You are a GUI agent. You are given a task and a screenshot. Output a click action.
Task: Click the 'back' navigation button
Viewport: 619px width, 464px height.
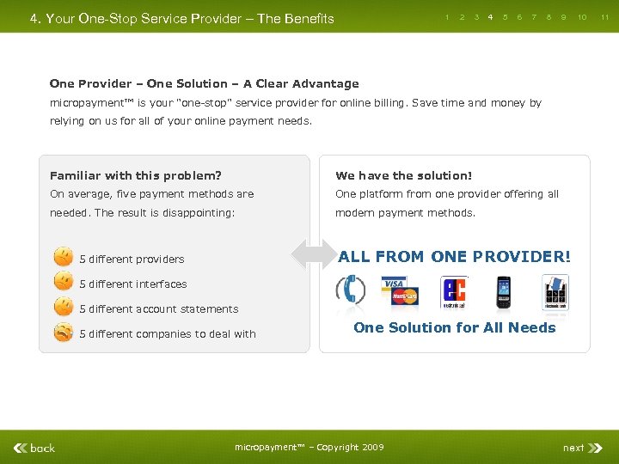(35, 448)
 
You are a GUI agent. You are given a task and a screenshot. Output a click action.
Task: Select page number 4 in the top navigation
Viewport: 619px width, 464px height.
(490, 16)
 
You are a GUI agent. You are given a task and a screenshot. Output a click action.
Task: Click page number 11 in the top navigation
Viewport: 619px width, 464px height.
(604, 16)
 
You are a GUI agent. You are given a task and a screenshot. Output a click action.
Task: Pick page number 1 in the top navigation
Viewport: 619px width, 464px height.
(447, 16)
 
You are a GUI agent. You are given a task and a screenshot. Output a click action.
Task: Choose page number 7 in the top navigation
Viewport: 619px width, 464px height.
(534, 16)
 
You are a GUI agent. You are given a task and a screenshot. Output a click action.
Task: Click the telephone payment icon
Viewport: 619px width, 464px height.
(351, 290)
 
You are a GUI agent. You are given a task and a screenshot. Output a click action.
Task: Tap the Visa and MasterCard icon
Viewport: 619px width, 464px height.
(400, 292)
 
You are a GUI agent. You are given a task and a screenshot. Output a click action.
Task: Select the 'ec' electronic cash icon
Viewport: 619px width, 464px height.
(454, 292)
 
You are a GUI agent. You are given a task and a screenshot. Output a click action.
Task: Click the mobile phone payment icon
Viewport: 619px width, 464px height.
(504, 292)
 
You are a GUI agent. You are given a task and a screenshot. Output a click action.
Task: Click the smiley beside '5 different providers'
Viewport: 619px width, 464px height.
(63, 257)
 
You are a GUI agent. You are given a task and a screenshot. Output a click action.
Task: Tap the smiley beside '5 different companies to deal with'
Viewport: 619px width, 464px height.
(63, 333)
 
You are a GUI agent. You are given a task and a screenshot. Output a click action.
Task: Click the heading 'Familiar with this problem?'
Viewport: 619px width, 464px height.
(136, 175)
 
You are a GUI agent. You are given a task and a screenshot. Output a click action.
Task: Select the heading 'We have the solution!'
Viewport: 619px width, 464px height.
(404, 175)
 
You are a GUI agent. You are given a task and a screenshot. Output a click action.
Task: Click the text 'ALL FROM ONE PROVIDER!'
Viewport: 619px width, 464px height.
(454, 256)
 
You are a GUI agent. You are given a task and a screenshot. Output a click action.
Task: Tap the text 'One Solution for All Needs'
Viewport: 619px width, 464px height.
(455, 327)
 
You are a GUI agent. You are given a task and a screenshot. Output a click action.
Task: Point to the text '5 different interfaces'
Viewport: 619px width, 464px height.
(133, 284)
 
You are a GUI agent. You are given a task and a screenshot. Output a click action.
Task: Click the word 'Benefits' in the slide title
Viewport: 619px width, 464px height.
(301, 18)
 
